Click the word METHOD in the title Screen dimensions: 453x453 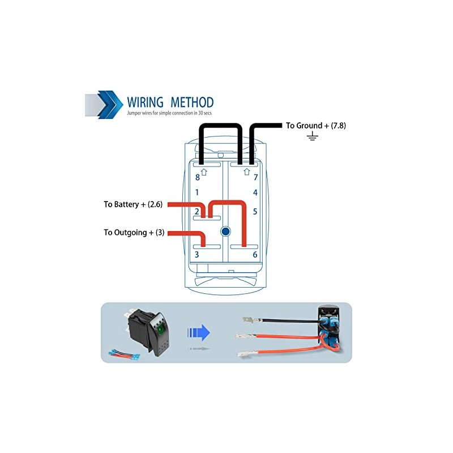tap(190, 102)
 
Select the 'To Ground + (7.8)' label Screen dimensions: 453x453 tap(315, 126)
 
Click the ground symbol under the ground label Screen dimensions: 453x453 tap(312, 137)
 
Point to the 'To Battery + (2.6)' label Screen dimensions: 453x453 tap(133, 204)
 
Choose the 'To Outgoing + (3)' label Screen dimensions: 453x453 tap(134, 233)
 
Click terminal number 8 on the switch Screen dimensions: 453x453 tap(197, 177)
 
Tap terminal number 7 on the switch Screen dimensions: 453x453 tap(255, 177)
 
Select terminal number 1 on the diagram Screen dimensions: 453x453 tap(197, 193)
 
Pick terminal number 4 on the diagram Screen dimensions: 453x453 tap(255, 193)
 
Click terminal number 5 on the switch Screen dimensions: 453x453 tap(255, 212)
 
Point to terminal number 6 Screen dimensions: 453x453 tap(255, 255)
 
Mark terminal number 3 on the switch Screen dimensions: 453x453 tap(197, 255)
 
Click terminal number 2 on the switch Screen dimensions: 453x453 tap(197, 212)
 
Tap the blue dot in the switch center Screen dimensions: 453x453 tap(226, 232)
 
